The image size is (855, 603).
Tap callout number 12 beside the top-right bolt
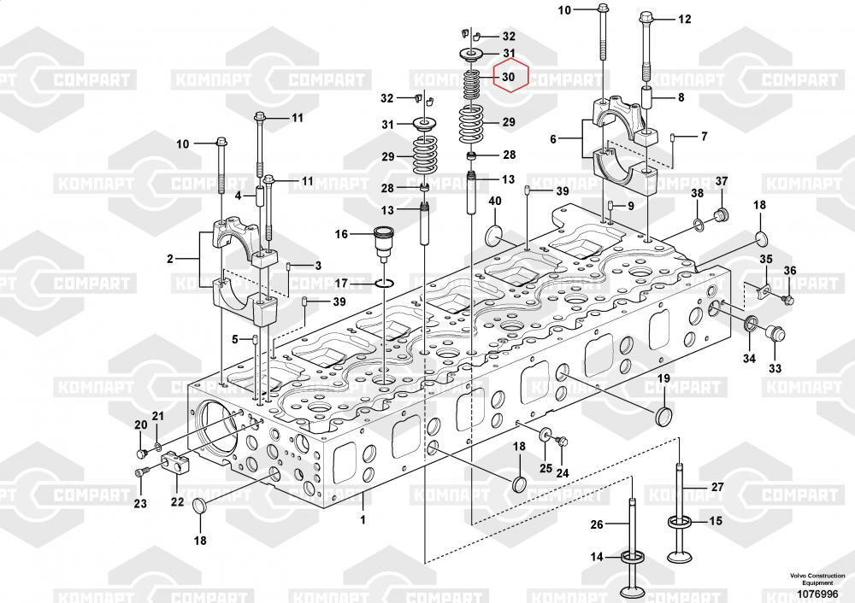pos(684,19)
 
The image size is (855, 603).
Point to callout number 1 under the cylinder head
pos(362,518)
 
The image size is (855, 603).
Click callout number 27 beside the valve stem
pos(716,487)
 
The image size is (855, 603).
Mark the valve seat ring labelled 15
pos(681,522)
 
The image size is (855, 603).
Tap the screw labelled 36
pos(788,300)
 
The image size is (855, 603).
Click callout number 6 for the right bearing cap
pos(552,138)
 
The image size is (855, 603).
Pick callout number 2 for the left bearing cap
pos(170,258)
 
